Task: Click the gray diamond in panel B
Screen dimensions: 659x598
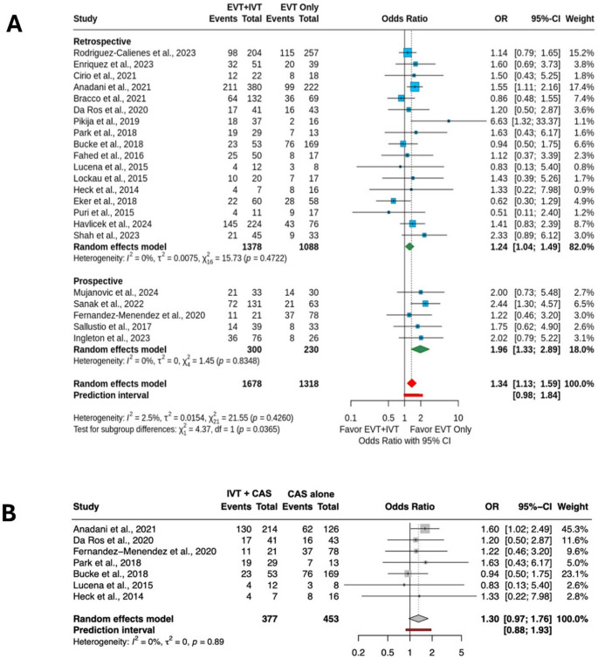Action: click(418, 593)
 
